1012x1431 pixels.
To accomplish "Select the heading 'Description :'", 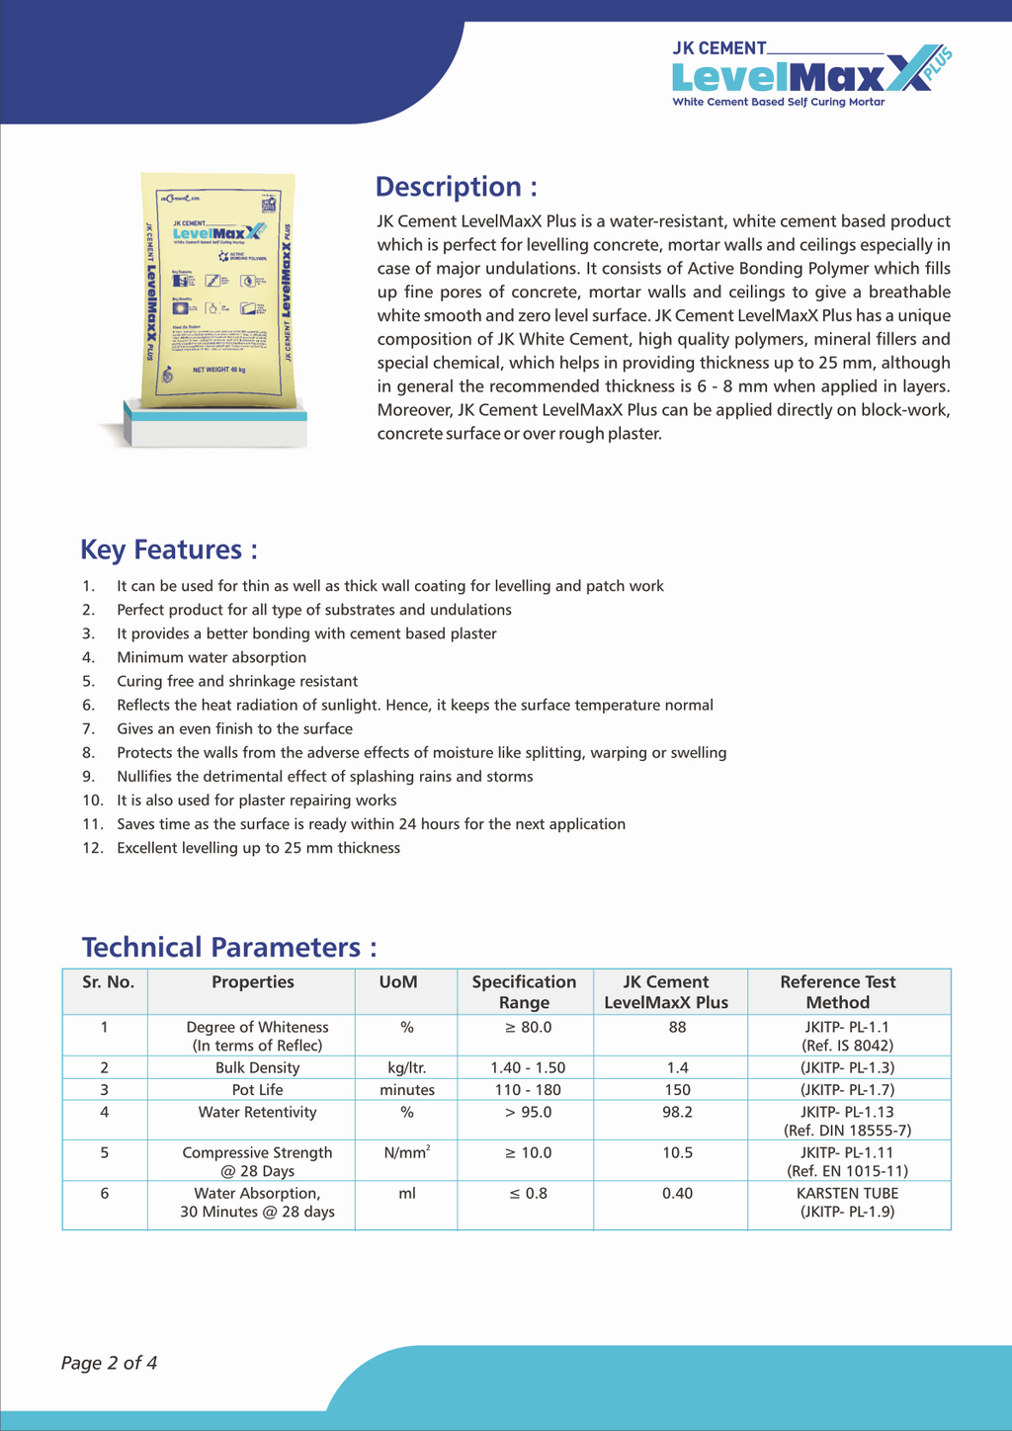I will click(x=457, y=187).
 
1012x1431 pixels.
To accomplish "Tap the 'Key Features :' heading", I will click(x=169, y=549).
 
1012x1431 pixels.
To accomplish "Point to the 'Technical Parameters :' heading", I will click(x=229, y=947).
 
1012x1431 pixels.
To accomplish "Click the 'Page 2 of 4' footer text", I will click(x=109, y=1363).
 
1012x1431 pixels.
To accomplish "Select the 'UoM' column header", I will click(x=398, y=982).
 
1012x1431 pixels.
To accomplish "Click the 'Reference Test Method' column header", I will click(x=838, y=991).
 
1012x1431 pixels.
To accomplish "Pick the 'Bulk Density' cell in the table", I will click(x=257, y=1067).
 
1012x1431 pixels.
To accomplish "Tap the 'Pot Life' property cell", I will click(x=257, y=1090).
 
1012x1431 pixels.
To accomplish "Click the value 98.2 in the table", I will click(x=677, y=1113).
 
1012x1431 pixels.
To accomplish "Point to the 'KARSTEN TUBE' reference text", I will click(x=847, y=1194).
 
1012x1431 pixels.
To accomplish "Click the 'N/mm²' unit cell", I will click(x=406, y=1152).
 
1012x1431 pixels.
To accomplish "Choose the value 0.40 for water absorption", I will click(x=677, y=1194).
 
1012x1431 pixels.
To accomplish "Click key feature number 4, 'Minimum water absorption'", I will click(x=211, y=657).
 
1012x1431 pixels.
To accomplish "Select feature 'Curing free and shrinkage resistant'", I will click(x=237, y=681).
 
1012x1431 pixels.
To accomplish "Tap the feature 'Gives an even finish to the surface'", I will click(x=234, y=728).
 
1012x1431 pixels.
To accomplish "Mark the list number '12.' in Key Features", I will click(x=93, y=848).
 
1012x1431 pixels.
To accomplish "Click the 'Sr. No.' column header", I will click(x=108, y=982).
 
